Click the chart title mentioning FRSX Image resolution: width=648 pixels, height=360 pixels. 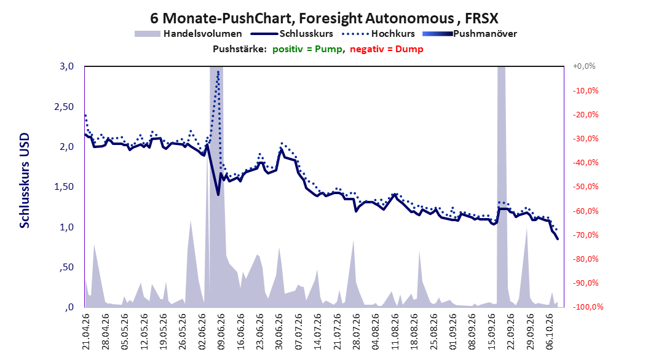click(324, 18)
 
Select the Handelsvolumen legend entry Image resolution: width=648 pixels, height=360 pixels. click(188, 34)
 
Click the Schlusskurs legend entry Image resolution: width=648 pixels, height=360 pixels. click(292, 34)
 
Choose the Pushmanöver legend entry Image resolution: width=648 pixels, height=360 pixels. click(470, 34)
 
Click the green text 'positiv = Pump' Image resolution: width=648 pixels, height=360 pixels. click(307, 49)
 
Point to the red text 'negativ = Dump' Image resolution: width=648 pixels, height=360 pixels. click(387, 49)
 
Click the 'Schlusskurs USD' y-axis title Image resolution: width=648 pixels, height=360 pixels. click(25, 181)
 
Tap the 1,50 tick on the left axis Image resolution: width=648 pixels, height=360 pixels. click(64, 187)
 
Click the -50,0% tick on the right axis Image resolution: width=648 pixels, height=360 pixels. click(585, 187)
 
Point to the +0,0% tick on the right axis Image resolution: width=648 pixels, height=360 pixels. click(584, 66)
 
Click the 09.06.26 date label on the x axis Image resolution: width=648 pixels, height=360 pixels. click(221, 332)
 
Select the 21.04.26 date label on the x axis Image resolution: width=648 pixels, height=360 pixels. click(85, 332)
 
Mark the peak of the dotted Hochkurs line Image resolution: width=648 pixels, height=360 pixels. click(218, 72)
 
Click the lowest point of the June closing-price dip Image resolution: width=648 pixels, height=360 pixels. click(218, 195)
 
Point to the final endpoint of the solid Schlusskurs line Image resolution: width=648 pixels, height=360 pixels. click(558, 239)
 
